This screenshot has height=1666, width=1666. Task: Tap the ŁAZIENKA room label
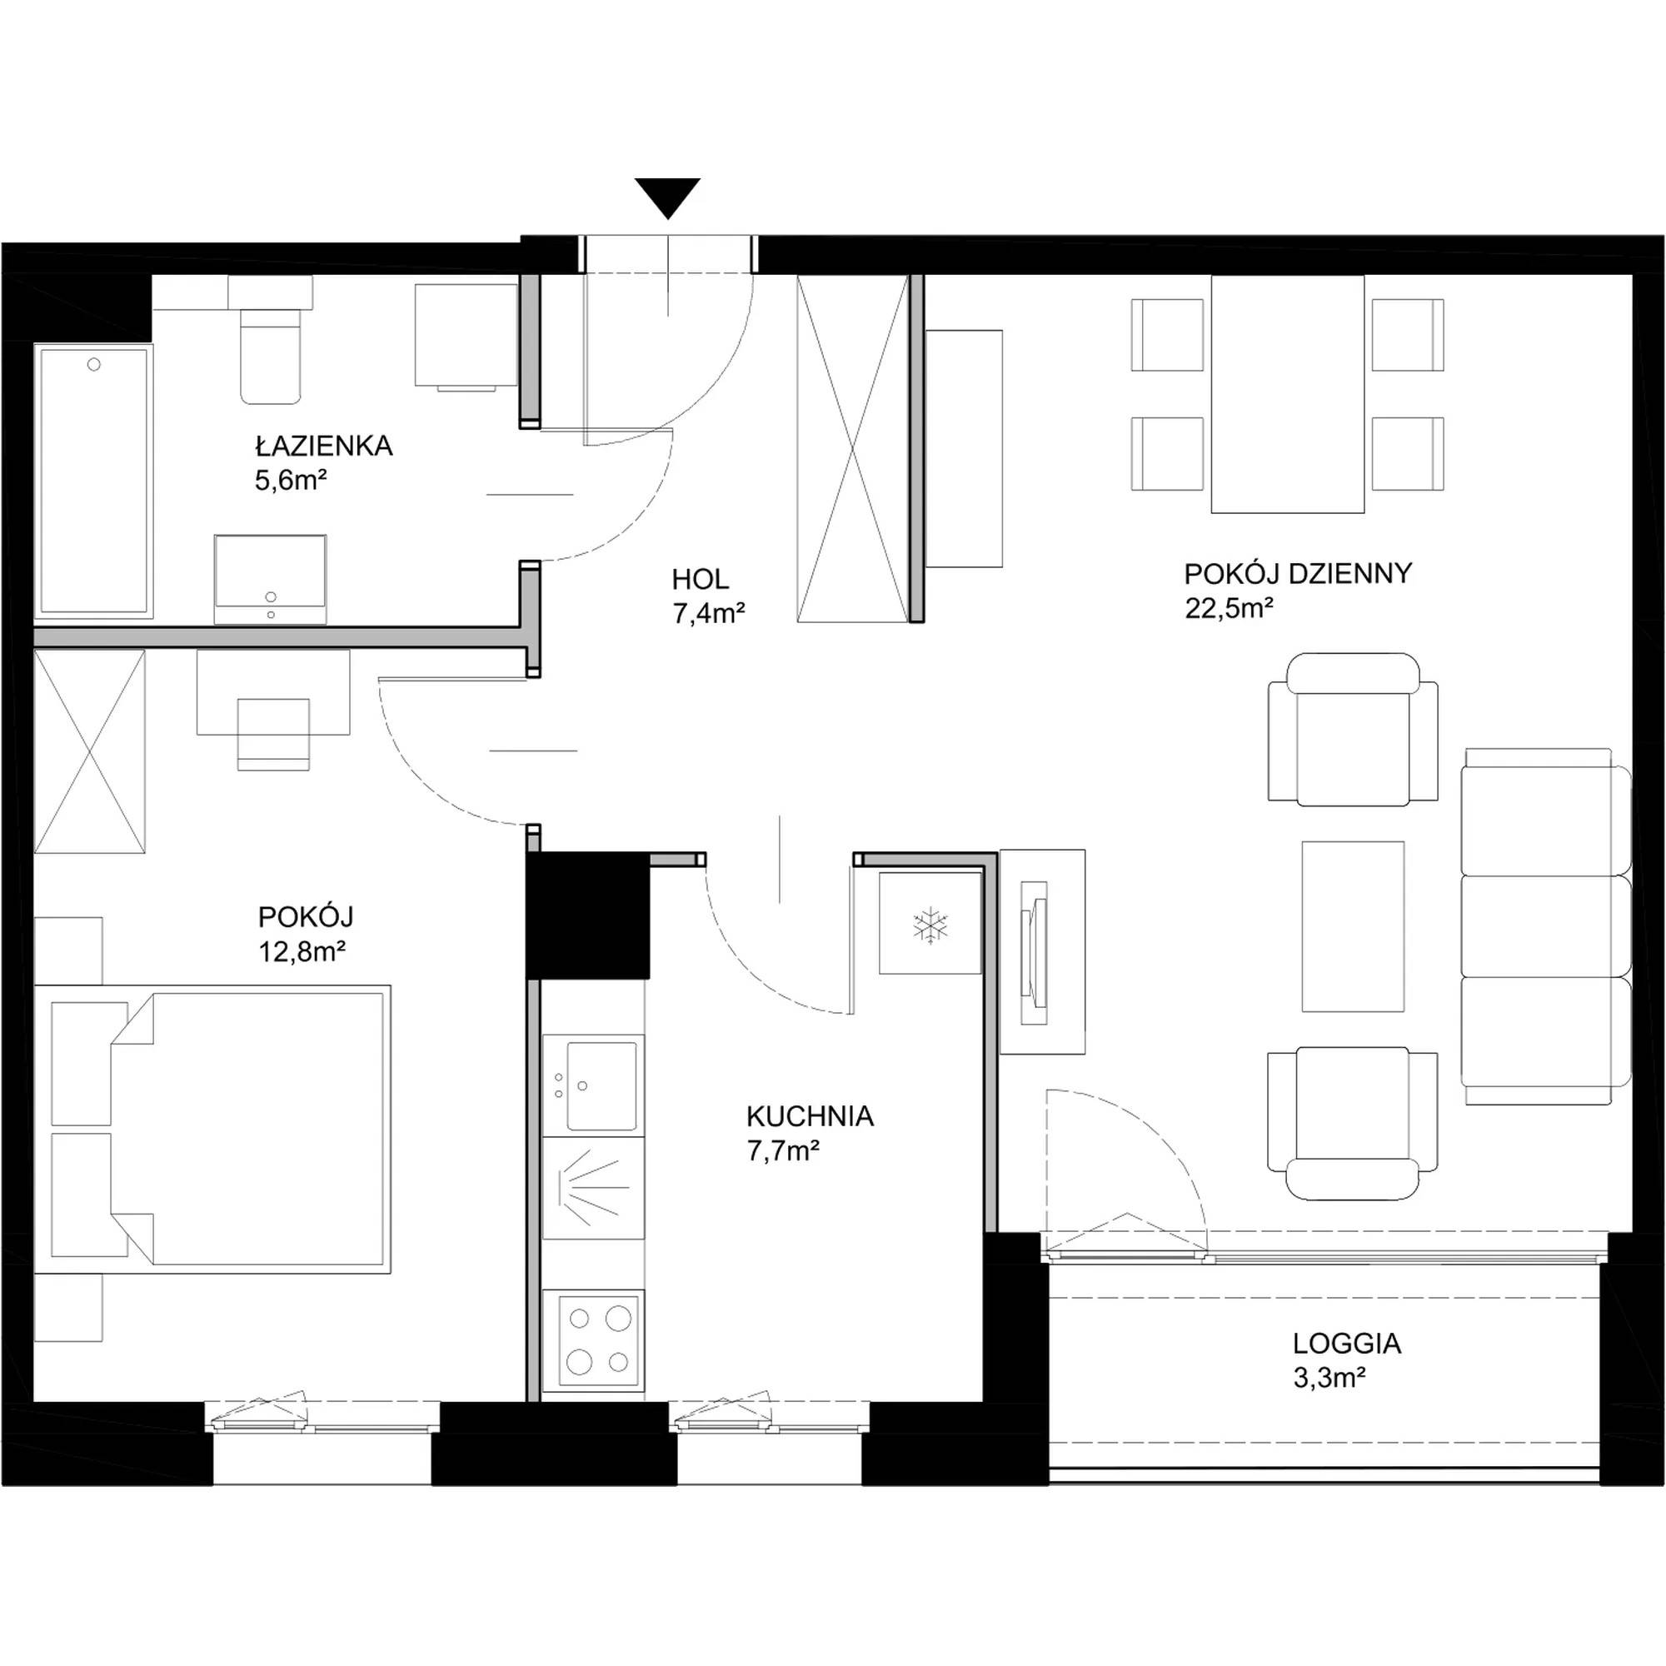click(323, 446)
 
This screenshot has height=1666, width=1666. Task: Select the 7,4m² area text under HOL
click(708, 613)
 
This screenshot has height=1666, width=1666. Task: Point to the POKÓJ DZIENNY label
click(1298, 573)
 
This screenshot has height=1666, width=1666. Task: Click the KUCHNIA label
click(810, 1116)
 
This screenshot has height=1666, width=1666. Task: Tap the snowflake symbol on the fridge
click(930, 925)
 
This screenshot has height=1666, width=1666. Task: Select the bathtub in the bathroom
click(94, 481)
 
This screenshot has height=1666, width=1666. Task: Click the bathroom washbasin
click(271, 579)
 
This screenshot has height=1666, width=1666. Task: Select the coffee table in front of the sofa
click(1352, 926)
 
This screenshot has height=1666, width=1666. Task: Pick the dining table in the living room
click(1288, 394)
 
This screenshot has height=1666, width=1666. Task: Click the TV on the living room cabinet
click(1035, 953)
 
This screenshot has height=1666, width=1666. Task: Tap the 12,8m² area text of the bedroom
click(302, 951)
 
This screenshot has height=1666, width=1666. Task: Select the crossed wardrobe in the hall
click(853, 448)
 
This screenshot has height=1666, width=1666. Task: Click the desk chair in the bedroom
click(272, 734)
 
